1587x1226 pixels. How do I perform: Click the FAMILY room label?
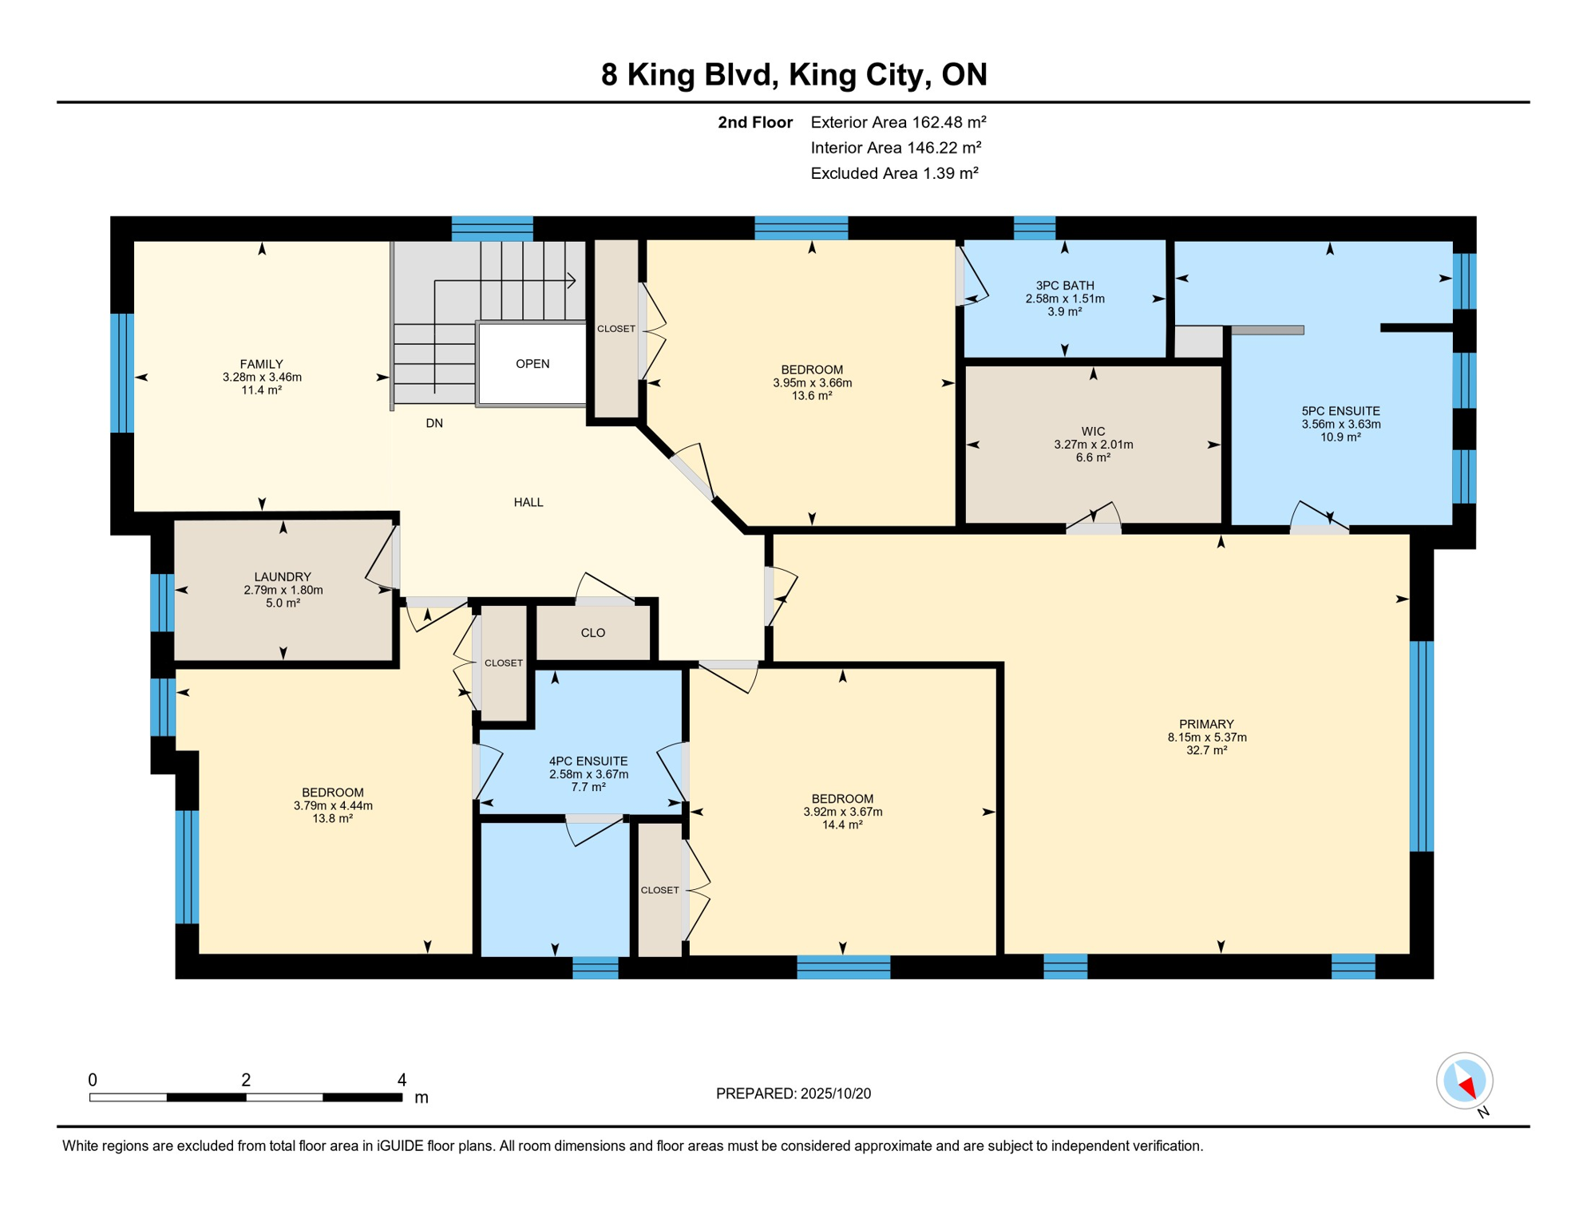(262, 364)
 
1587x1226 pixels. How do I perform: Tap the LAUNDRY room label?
(283, 577)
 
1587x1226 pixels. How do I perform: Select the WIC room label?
(1093, 432)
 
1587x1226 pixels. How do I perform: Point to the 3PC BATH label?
(1065, 286)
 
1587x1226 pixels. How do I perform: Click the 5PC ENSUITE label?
(1340, 412)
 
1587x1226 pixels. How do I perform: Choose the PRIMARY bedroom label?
(1206, 725)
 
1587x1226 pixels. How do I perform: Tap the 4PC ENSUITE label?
(588, 761)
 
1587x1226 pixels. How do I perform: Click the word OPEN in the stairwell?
(532, 364)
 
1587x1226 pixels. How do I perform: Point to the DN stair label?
(434, 423)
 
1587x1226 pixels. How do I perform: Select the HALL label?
(528, 502)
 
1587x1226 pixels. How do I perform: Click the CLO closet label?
(593, 633)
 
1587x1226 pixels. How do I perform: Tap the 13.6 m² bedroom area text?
(812, 395)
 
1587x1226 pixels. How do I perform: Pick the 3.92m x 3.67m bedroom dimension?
(842, 812)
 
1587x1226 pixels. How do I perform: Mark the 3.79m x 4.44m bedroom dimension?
(333, 805)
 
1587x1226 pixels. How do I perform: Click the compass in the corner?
(1464, 1082)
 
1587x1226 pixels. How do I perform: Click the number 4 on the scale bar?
(402, 1080)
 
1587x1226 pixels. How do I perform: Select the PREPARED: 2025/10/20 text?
(793, 1094)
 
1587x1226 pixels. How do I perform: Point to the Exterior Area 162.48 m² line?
(898, 122)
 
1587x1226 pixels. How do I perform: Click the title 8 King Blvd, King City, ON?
(793, 74)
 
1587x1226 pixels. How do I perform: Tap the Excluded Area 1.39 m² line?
(894, 173)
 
